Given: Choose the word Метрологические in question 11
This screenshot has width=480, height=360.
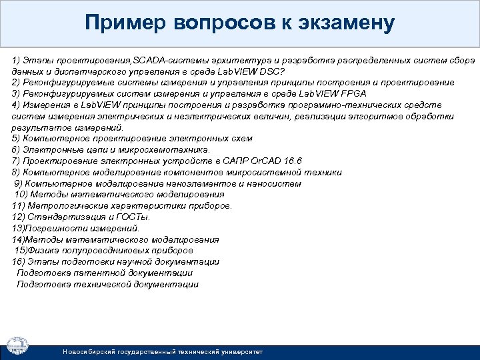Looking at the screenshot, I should [61, 206].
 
